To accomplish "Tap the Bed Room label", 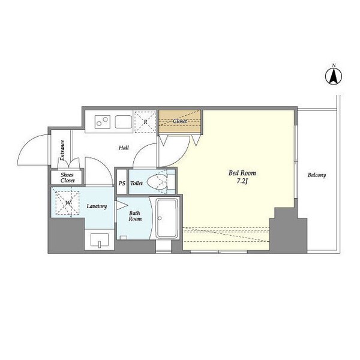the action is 242,173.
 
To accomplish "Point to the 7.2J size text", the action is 242,181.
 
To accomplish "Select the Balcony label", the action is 317,175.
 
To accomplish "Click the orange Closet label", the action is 180,121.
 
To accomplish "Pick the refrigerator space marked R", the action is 145,122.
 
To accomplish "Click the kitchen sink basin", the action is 124,122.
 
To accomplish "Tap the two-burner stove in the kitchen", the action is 103,122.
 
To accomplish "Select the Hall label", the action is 124,148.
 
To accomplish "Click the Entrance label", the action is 62,151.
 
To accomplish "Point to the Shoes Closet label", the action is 67,178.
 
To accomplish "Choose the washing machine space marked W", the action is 68,203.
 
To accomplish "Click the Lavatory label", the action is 97,206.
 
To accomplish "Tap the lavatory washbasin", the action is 100,240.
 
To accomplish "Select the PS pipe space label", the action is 122,184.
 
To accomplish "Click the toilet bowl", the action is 157,182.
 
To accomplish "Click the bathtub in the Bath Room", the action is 167,218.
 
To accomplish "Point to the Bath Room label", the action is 135,216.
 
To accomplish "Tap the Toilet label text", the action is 137,184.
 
